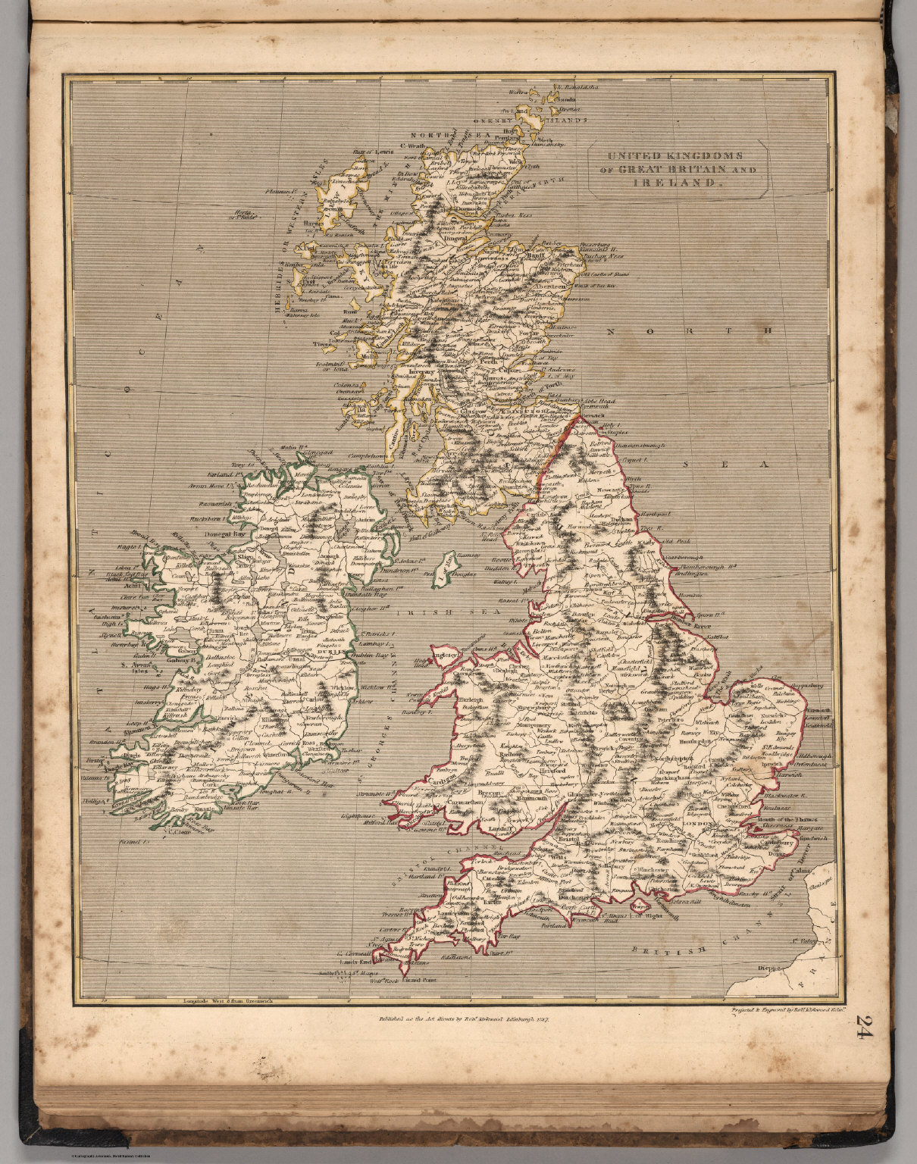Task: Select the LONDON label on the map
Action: (x=698, y=824)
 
